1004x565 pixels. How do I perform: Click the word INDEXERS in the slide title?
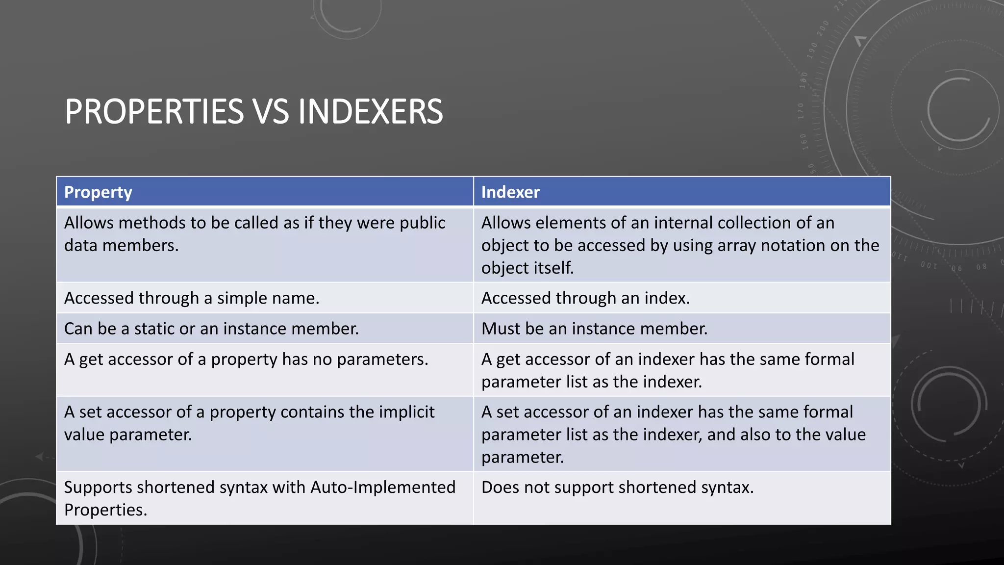[370, 112]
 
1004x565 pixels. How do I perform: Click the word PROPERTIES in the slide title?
[154, 112]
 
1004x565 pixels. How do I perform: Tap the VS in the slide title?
[271, 112]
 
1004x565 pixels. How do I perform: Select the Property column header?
[98, 192]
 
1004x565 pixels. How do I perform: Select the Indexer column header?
[510, 192]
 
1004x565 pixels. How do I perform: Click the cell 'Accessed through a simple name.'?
[192, 298]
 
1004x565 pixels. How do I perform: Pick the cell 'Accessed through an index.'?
[585, 298]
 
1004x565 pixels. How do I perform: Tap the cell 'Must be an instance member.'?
[594, 329]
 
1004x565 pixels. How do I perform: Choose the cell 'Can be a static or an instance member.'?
[211, 329]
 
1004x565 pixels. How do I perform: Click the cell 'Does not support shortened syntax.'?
[617, 488]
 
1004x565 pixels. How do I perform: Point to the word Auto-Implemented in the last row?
[383, 488]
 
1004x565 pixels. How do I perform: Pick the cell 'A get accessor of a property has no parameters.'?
[246, 360]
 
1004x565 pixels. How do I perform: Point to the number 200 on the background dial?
[823, 28]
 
